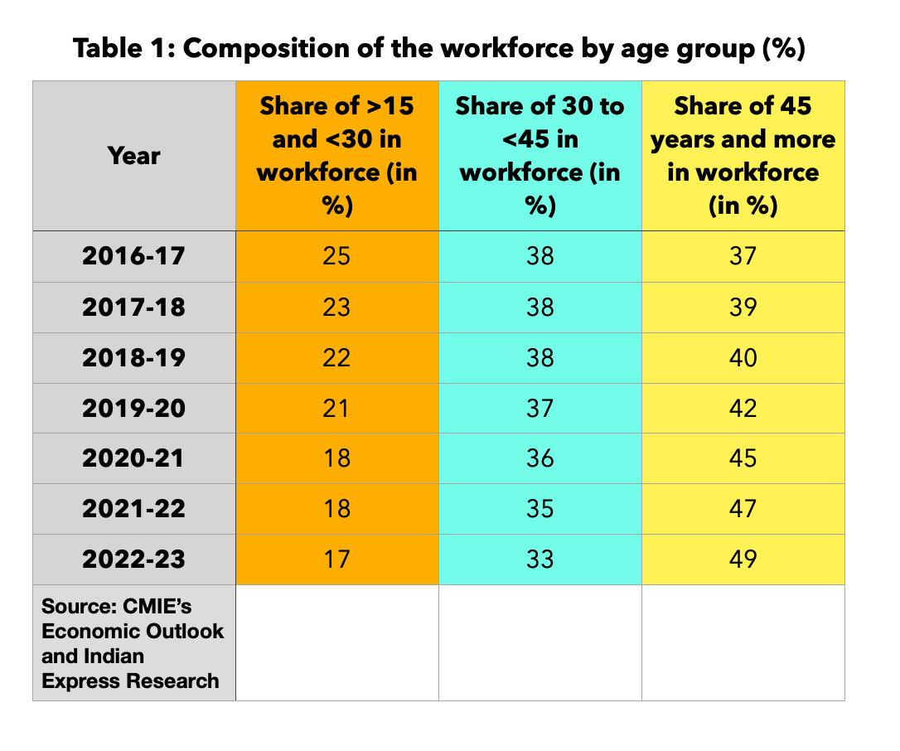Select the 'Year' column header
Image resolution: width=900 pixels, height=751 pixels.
(134, 155)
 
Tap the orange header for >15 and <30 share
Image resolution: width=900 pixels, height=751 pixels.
(337, 155)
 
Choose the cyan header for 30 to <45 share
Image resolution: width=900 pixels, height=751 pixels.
(540, 155)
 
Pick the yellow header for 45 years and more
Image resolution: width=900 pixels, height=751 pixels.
(743, 155)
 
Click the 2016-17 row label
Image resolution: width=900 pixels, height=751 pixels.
(134, 256)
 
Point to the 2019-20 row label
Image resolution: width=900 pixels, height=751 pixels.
(134, 408)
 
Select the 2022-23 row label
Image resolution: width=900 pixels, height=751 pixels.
(134, 560)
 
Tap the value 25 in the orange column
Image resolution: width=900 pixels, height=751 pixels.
(337, 256)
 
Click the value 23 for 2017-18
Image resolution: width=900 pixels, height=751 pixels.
(337, 307)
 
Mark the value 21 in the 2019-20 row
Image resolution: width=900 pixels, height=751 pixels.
(337, 408)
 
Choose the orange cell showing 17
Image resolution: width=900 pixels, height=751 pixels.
(337, 560)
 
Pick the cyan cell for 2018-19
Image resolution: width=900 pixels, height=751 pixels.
(540, 357)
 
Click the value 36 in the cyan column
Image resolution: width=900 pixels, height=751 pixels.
(540, 458)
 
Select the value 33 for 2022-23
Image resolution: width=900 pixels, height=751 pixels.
(540, 560)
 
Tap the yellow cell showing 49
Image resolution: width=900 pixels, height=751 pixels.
(743, 560)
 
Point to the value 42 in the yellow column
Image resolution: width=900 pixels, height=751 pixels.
(743, 408)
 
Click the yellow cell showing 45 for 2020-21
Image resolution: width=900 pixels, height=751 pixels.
(743, 458)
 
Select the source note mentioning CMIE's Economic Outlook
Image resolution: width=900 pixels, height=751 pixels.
(133, 643)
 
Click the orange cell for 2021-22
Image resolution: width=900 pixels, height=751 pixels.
(337, 509)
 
